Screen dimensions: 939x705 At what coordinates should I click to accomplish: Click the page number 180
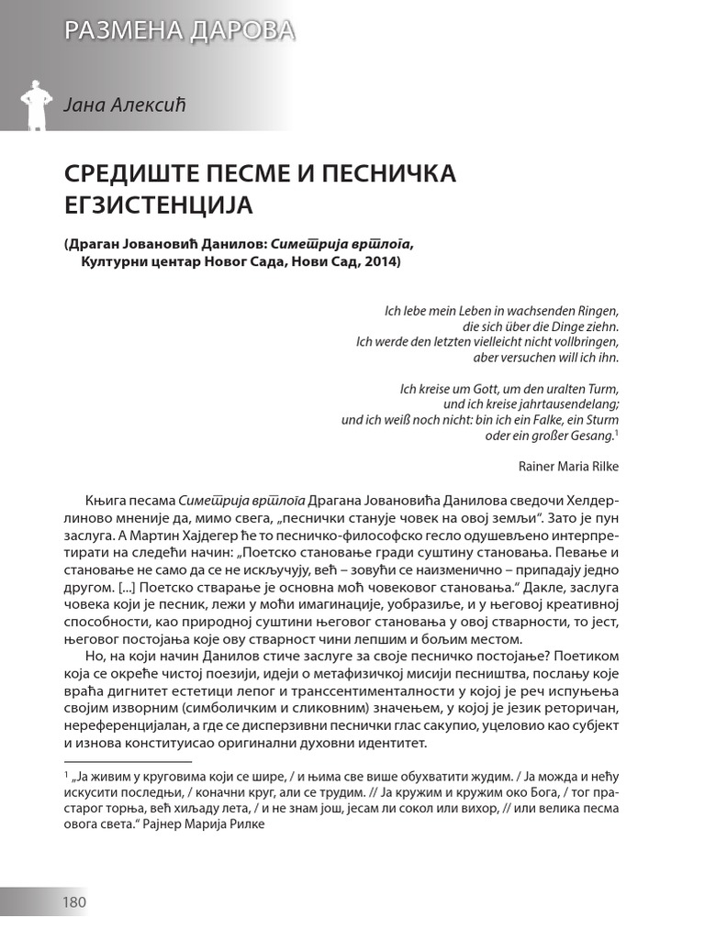tap(73, 902)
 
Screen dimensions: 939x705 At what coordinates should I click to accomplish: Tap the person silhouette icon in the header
tap(35, 104)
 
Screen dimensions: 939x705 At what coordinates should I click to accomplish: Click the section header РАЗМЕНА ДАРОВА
tap(179, 31)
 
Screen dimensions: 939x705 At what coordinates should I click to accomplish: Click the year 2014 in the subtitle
tap(377, 262)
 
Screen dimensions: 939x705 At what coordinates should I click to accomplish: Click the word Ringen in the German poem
tap(598, 311)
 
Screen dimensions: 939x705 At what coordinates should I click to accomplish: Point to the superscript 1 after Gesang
tap(616, 432)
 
